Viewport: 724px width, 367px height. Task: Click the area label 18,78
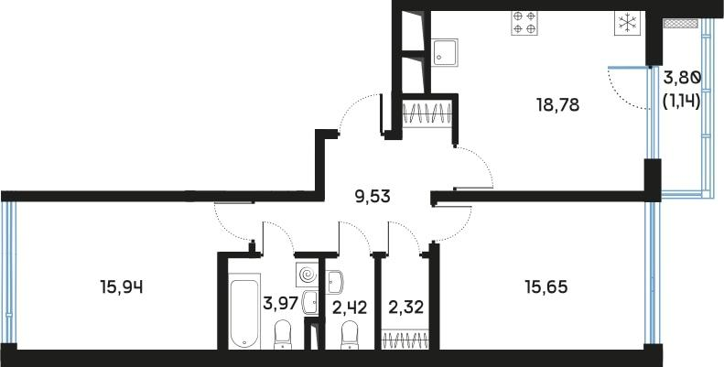point(558,104)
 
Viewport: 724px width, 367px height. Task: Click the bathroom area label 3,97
point(279,303)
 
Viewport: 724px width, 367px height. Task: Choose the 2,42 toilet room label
point(350,307)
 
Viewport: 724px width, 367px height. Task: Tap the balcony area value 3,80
point(682,79)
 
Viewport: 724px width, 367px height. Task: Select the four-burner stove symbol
point(524,22)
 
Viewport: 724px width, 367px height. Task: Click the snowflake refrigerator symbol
point(628,24)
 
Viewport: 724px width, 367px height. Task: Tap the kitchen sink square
point(447,52)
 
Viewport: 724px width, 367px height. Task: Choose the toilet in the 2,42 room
point(349,338)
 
